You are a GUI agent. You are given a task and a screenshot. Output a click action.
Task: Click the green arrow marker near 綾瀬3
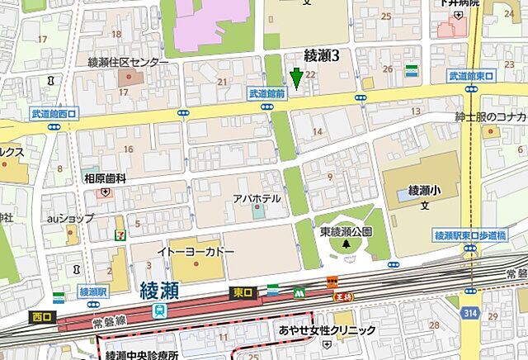click(x=296, y=78)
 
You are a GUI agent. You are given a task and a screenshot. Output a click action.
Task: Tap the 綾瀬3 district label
click(x=323, y=56)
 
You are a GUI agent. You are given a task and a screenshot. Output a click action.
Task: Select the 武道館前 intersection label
click(x=267, y=95)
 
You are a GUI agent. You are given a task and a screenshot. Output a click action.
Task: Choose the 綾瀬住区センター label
click(x=129, y=62)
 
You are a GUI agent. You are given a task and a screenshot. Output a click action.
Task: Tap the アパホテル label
click(x=257, y=199)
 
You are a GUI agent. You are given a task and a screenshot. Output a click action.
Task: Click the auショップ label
click(x=71, y=220)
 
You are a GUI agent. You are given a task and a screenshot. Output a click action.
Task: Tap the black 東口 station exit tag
click(x=243, y=291)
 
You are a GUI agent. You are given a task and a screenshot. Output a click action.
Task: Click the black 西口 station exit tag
click(x=41, y=316)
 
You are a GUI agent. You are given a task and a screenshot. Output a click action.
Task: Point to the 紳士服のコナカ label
click(x=491, y=116)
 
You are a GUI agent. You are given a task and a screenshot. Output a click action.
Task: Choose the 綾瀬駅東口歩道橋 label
click(x=469, y=235)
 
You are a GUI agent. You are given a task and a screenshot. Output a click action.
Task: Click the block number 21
click(x=222, y=81)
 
